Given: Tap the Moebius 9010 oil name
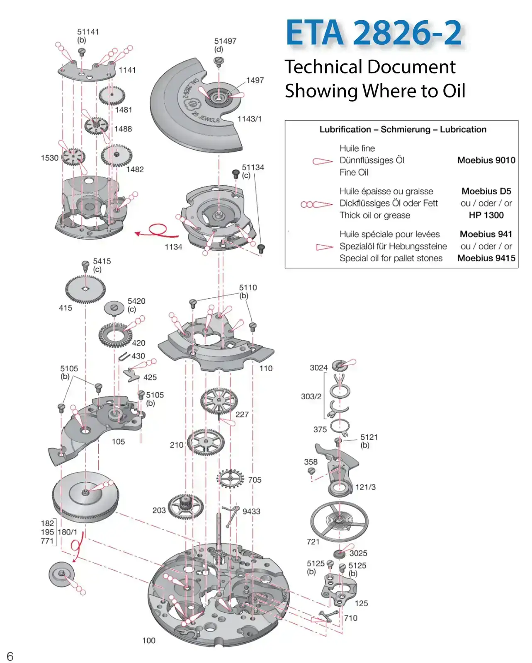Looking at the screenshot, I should coord(486,160).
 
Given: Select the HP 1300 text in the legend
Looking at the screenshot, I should coord(486,215).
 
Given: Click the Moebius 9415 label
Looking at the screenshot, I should coord(486,258).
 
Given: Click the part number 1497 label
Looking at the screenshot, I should coord(255,80).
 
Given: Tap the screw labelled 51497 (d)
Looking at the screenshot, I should coord(219,61).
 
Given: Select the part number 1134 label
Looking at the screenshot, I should coord(173,247).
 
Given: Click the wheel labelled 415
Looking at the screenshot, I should coord(85,289).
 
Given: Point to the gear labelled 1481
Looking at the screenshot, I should coord(112,96).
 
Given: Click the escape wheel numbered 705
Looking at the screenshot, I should coord(230,479).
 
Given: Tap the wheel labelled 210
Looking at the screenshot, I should coord(205,442).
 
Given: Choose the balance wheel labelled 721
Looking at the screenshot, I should coord(339,521).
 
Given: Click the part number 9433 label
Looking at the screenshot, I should coord(251,512).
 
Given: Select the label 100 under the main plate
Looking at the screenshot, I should coord(148,641).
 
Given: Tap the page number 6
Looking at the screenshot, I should coord(10,656).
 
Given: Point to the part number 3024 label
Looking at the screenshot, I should coord(318,368).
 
